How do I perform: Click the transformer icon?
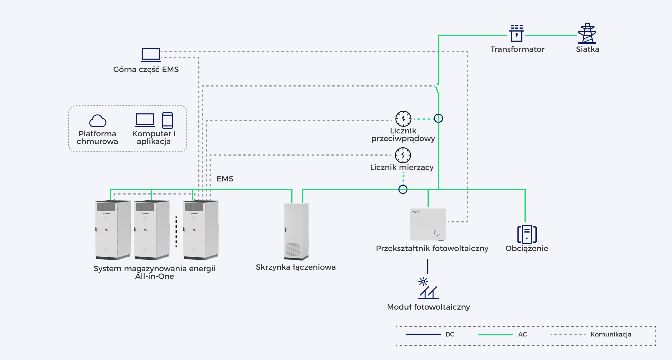516,33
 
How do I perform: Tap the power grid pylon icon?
587,33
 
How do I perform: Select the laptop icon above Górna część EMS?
150,55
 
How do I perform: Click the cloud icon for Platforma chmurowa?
98,121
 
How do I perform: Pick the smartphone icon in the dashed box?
168,120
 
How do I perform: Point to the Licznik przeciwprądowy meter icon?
403,119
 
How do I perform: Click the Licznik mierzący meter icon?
403,155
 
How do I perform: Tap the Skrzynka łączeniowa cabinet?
296,231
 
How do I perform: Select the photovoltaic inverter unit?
428,224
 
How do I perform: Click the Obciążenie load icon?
527,234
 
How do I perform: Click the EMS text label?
225,179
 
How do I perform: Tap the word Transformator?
517,49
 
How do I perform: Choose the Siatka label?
588,49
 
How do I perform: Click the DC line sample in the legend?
423,334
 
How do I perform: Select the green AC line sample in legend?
495,334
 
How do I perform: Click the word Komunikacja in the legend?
611,334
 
